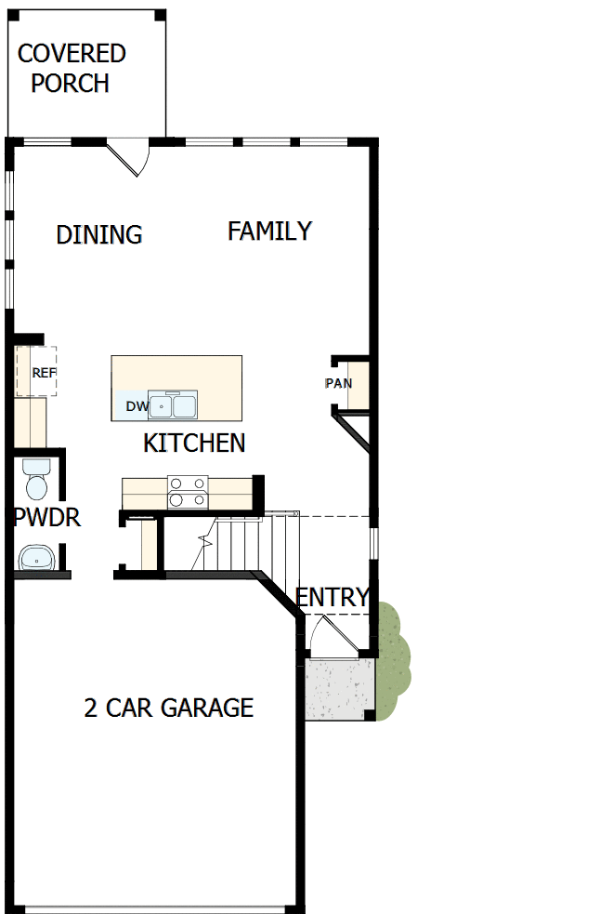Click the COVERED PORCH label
(72, 68)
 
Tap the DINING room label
(99, 234)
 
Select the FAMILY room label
(269, 231)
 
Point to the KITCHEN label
(194, 444)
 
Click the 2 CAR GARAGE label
(168, 709)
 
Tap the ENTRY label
(332, 597)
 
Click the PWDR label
(46, 518)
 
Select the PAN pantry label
(338, 383)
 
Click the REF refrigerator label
(44, 373)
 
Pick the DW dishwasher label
(137, 406)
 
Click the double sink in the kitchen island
(172, 406)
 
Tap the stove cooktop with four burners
(189, 491)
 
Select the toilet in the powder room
(38, 479)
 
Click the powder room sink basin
(37, 558)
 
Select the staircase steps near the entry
(241, 544)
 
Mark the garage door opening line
(153, 908)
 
